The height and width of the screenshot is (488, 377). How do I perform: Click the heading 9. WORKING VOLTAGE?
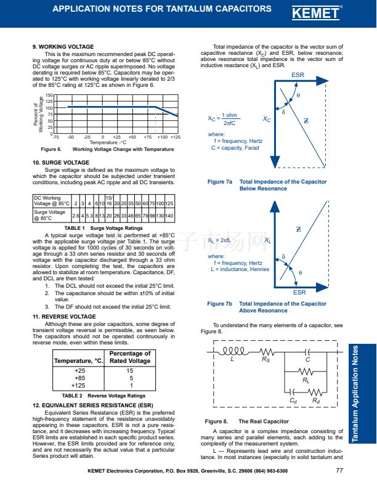pyautogui.click(x=63, y=47)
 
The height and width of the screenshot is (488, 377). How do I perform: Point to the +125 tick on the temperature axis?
pyautogui.click(x=176, y=137)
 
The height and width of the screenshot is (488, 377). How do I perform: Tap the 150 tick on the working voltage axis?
pyautogui.click(x=49, y=96)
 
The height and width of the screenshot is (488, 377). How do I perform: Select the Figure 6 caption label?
pyautogui.click(x=51, y=149)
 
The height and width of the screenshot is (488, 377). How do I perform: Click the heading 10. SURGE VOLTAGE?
pyautogui.click(x=61, y=163)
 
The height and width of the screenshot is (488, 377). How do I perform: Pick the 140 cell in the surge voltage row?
pyautogui.click(x=169, y=215)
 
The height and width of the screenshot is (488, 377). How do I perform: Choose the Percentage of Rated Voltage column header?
pyautogui.click(x=130, y=357)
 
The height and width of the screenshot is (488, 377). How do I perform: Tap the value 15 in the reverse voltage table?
pyautogui.click(x=130, y=371)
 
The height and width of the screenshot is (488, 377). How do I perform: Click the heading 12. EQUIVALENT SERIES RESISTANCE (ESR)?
pyautogui.click(x=92, y=405)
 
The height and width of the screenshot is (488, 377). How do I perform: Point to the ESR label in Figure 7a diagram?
pyautogui.click(x=298, y=75)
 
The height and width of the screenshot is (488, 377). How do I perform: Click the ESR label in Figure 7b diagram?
pyautogui.click(x=299, y=293)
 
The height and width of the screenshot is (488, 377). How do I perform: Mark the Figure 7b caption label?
pyautogui.click(x=220, y=304)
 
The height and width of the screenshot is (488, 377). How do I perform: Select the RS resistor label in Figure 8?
pyautogui.click(x=266, y=359)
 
